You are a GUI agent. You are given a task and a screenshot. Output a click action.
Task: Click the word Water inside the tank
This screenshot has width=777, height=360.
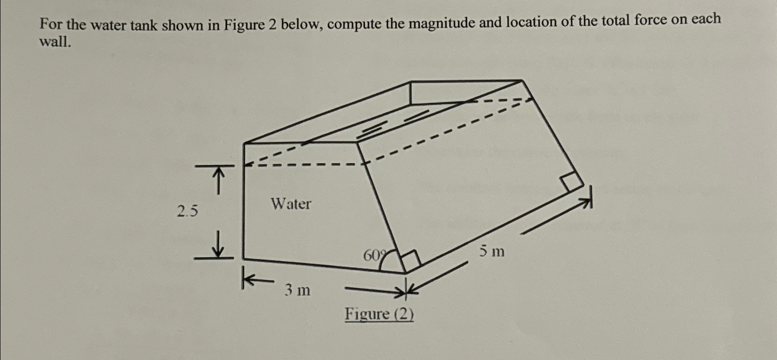click(291, 204)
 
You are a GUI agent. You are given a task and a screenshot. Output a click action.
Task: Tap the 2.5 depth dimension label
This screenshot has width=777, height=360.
click(187, 212)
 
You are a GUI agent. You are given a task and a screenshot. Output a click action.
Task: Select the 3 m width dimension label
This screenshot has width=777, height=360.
click(298, 290)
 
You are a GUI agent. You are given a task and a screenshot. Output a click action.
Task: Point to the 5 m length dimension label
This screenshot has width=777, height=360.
click(492, 252)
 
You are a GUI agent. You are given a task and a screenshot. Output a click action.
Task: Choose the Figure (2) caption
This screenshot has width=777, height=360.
click(379, 314)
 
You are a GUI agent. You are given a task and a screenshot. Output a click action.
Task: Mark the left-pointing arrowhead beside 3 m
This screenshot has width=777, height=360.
click(249, 279)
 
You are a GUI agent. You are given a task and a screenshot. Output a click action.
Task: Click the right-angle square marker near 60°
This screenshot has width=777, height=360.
click(410, 260)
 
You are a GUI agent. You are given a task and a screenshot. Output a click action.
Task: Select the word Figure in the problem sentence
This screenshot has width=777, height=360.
click(244, 25)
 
